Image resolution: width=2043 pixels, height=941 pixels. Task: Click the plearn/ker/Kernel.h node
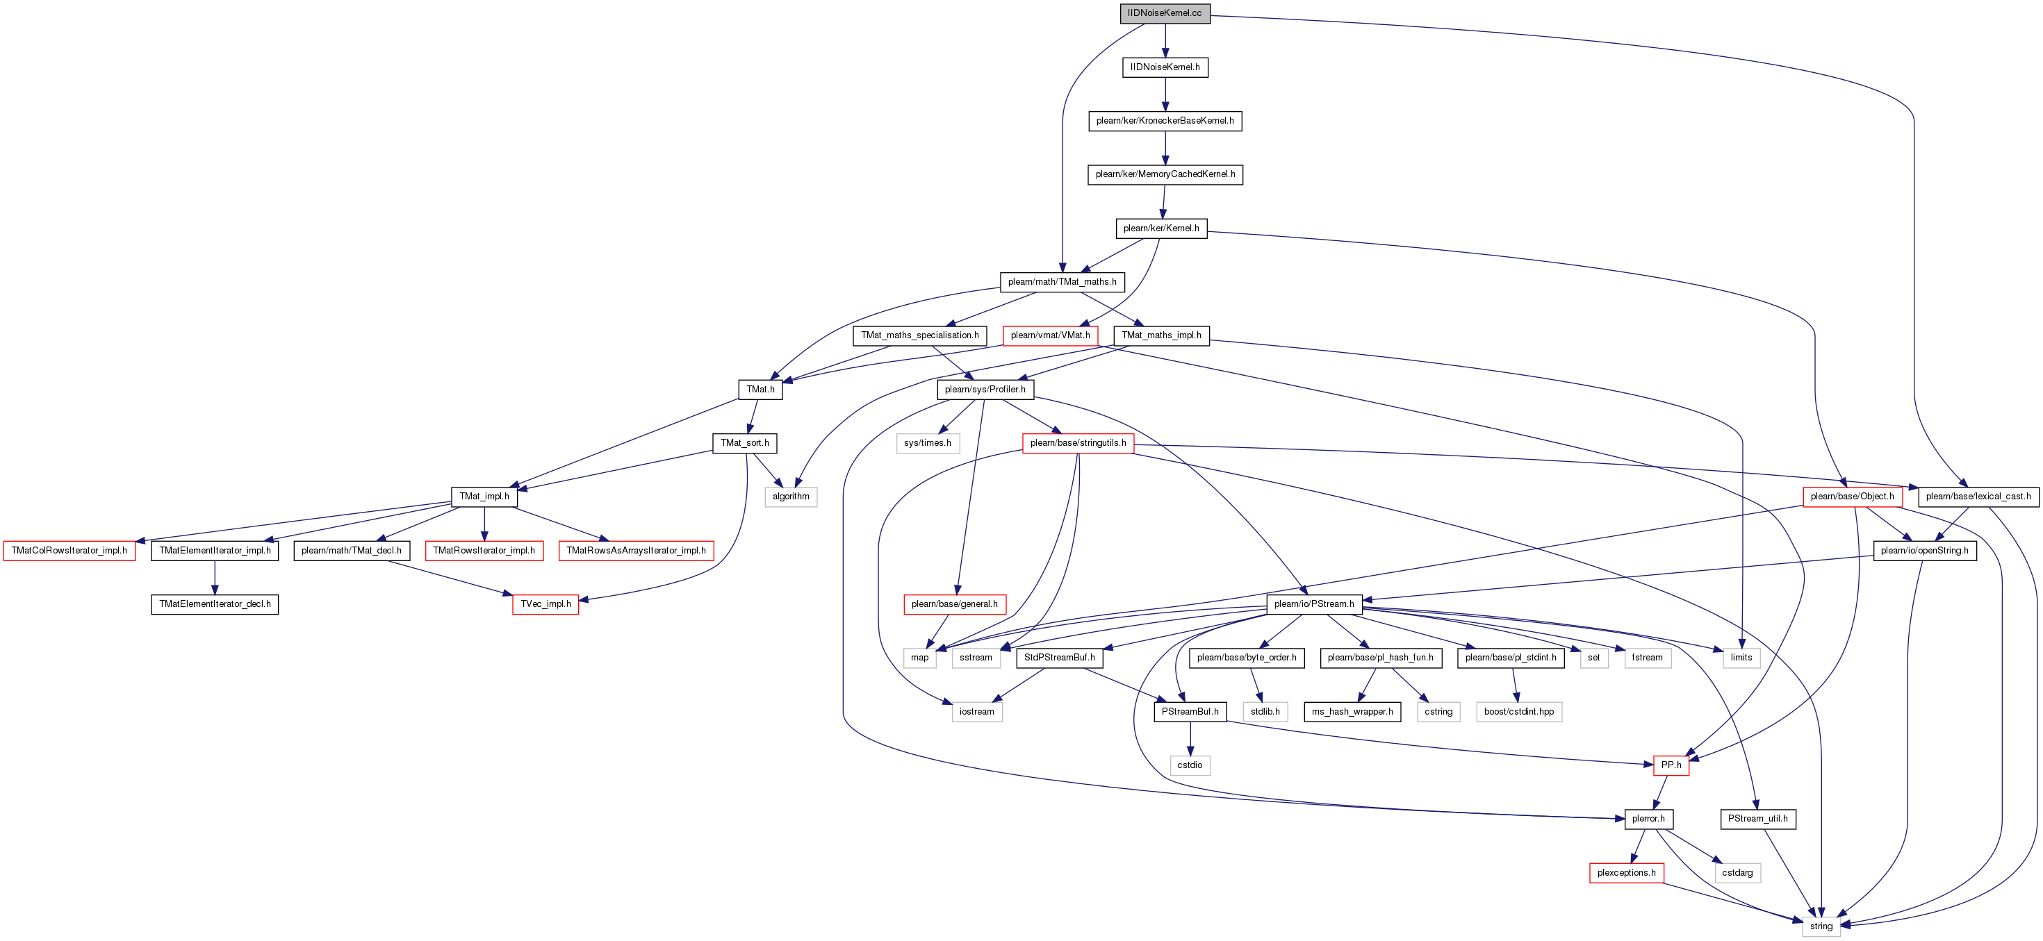tap(1160, 228)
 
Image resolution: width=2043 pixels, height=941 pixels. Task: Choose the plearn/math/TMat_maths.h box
tap(1062, 281)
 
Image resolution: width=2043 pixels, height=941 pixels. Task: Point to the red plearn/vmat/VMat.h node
tap(1050, 335)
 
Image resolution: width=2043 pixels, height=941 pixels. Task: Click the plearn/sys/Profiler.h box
tap(985, 389)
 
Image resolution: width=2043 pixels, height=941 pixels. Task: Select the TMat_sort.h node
tap(745, 443)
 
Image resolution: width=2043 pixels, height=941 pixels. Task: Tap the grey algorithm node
tap(791, 497)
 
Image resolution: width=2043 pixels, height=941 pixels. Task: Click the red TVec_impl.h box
tap(545, 604)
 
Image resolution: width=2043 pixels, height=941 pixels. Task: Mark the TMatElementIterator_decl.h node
tap(215, 604)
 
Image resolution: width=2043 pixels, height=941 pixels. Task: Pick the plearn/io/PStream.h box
tap(1314, 604)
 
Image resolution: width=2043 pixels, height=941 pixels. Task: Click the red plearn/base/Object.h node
tap(1852, 497)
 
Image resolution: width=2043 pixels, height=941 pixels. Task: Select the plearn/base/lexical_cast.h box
tap(1978, 497)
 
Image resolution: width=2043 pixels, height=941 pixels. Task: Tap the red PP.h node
tap(1671, 765)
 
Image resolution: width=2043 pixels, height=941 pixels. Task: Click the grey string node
tap(1821, 926)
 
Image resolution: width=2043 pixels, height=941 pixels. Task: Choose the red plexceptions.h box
tap(1626, 873)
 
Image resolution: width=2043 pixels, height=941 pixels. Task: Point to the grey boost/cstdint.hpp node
tap(1519, 712)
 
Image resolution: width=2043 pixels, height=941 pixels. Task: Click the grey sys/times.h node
tap(927, 443)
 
